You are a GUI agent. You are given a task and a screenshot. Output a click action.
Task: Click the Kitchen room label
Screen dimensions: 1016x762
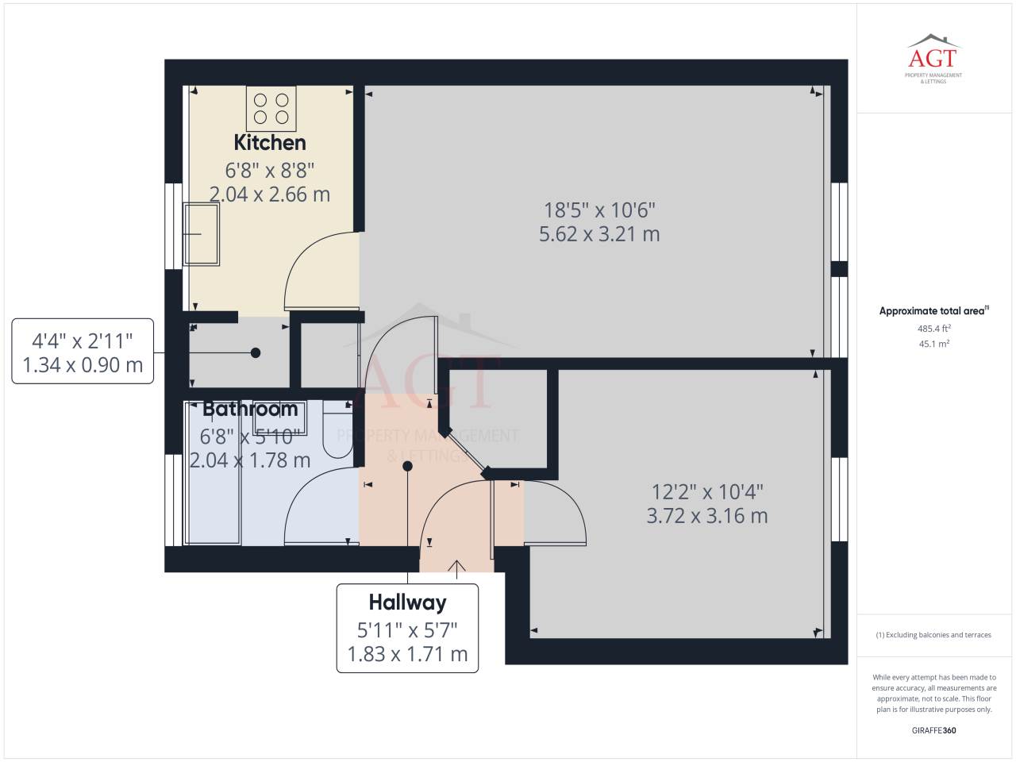tap(270, 143)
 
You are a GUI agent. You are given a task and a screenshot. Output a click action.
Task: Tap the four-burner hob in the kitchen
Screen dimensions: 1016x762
tap(271, 109)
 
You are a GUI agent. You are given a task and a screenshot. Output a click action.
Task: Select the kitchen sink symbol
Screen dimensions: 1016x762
tap(202, 234)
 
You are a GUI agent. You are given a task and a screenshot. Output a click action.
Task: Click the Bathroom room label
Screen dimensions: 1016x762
tap(250, 409)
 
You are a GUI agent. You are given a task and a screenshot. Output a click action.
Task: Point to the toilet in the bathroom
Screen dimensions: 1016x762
tap(338, 429)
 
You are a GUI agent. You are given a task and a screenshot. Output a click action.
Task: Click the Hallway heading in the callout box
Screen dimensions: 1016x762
tap(408, 602)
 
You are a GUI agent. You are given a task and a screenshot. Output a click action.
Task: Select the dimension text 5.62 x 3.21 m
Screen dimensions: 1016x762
tap(599, 234)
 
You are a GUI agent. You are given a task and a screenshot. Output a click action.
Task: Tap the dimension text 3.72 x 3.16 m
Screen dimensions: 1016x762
tap(707, 516)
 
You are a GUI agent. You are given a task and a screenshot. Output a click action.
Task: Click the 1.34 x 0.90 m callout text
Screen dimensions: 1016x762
tap(83, 365)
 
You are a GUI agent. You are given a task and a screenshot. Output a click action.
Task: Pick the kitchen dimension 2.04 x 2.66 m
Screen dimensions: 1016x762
tap(270, 194)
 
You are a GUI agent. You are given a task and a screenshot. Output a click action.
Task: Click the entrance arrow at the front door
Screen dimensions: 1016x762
tap(457, 569)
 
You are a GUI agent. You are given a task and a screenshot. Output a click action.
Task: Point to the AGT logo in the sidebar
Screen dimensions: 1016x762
tap(933, 59)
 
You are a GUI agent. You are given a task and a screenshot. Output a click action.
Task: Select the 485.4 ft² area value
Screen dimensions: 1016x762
tap(934, 329)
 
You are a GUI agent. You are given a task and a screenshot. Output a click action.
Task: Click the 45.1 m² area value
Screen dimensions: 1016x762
tap(934, 344)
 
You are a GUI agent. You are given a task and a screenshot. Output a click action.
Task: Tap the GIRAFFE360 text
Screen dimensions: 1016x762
tap(934, 730)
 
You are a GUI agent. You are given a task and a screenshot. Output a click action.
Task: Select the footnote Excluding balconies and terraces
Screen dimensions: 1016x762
tap(933, 635)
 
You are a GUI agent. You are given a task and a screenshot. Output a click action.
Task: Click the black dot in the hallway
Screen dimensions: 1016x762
tap(407, 467)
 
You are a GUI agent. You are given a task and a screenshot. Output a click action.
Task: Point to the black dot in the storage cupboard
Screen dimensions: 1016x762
tap(256, 353)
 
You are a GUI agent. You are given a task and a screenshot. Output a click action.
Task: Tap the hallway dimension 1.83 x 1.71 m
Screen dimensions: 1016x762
tap(408, 654)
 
